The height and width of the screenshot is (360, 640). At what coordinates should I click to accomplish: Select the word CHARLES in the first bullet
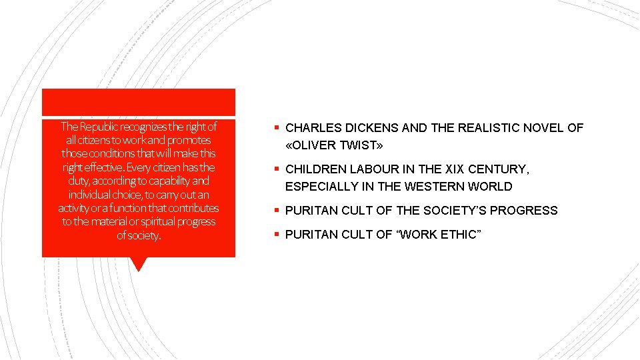pyautogui.click(x=309, y=128)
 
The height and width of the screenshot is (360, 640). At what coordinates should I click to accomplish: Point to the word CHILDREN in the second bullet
pyautogui.click(x=315, y=170)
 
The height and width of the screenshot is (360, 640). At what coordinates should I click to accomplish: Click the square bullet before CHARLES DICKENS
pyautogui.click(x=275, y=127)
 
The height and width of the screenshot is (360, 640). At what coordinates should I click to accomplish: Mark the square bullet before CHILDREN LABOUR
pyautogui.click(x=275, y=169)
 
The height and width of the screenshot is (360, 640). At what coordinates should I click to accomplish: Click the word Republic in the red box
pyautogui.click(x=99, y=126)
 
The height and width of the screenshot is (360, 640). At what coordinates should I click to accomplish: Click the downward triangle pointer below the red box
pyautogui.click(x=139, y=264)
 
